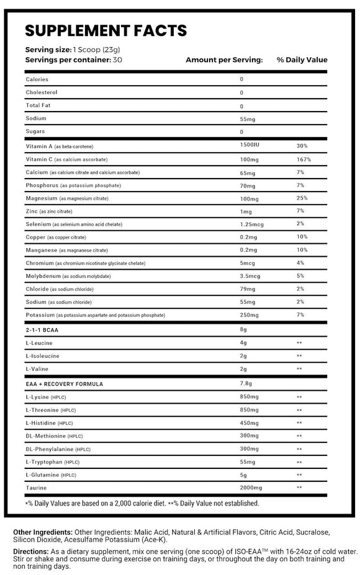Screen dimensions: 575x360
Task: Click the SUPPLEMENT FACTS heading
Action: tap(106, 30)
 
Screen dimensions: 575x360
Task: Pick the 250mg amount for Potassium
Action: tap(249, 316)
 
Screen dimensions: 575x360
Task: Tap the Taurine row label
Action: tap(36, 488)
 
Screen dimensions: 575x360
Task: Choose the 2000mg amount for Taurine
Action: tap(251, 488)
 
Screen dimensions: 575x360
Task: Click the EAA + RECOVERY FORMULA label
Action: tap(65, 383)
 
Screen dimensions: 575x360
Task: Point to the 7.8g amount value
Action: tap(246, 383)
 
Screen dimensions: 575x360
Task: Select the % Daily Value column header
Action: tap(302, 60)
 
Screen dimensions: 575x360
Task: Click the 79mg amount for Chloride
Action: tap(248, 289)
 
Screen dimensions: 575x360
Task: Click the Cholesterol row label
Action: tap(42, 92)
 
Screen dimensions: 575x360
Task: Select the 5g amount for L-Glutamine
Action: tap(243, 475)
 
